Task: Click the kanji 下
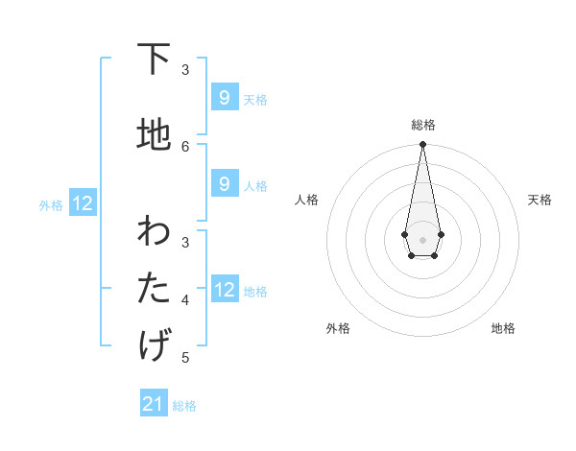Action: [154, 59]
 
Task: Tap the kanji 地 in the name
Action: [154, 135]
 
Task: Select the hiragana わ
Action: [154, 231]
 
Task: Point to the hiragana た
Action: [154, 287]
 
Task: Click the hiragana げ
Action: [154, 344]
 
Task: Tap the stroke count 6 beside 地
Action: [185, 146]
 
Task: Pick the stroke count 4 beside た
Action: [185, 299]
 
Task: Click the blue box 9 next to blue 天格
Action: [224, 98]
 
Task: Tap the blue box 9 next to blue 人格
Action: [224, 184]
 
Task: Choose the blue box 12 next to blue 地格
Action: [224, 289]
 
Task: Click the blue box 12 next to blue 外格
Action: [82, 202]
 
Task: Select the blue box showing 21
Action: [154, 404]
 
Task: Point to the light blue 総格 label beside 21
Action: [184, 406]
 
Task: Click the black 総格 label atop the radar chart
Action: [423, 125]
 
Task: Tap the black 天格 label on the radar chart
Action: [540, 200]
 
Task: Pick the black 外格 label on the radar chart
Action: [338, 328]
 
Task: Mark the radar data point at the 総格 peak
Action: [422, 145]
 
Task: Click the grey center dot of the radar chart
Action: [422, 238]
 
